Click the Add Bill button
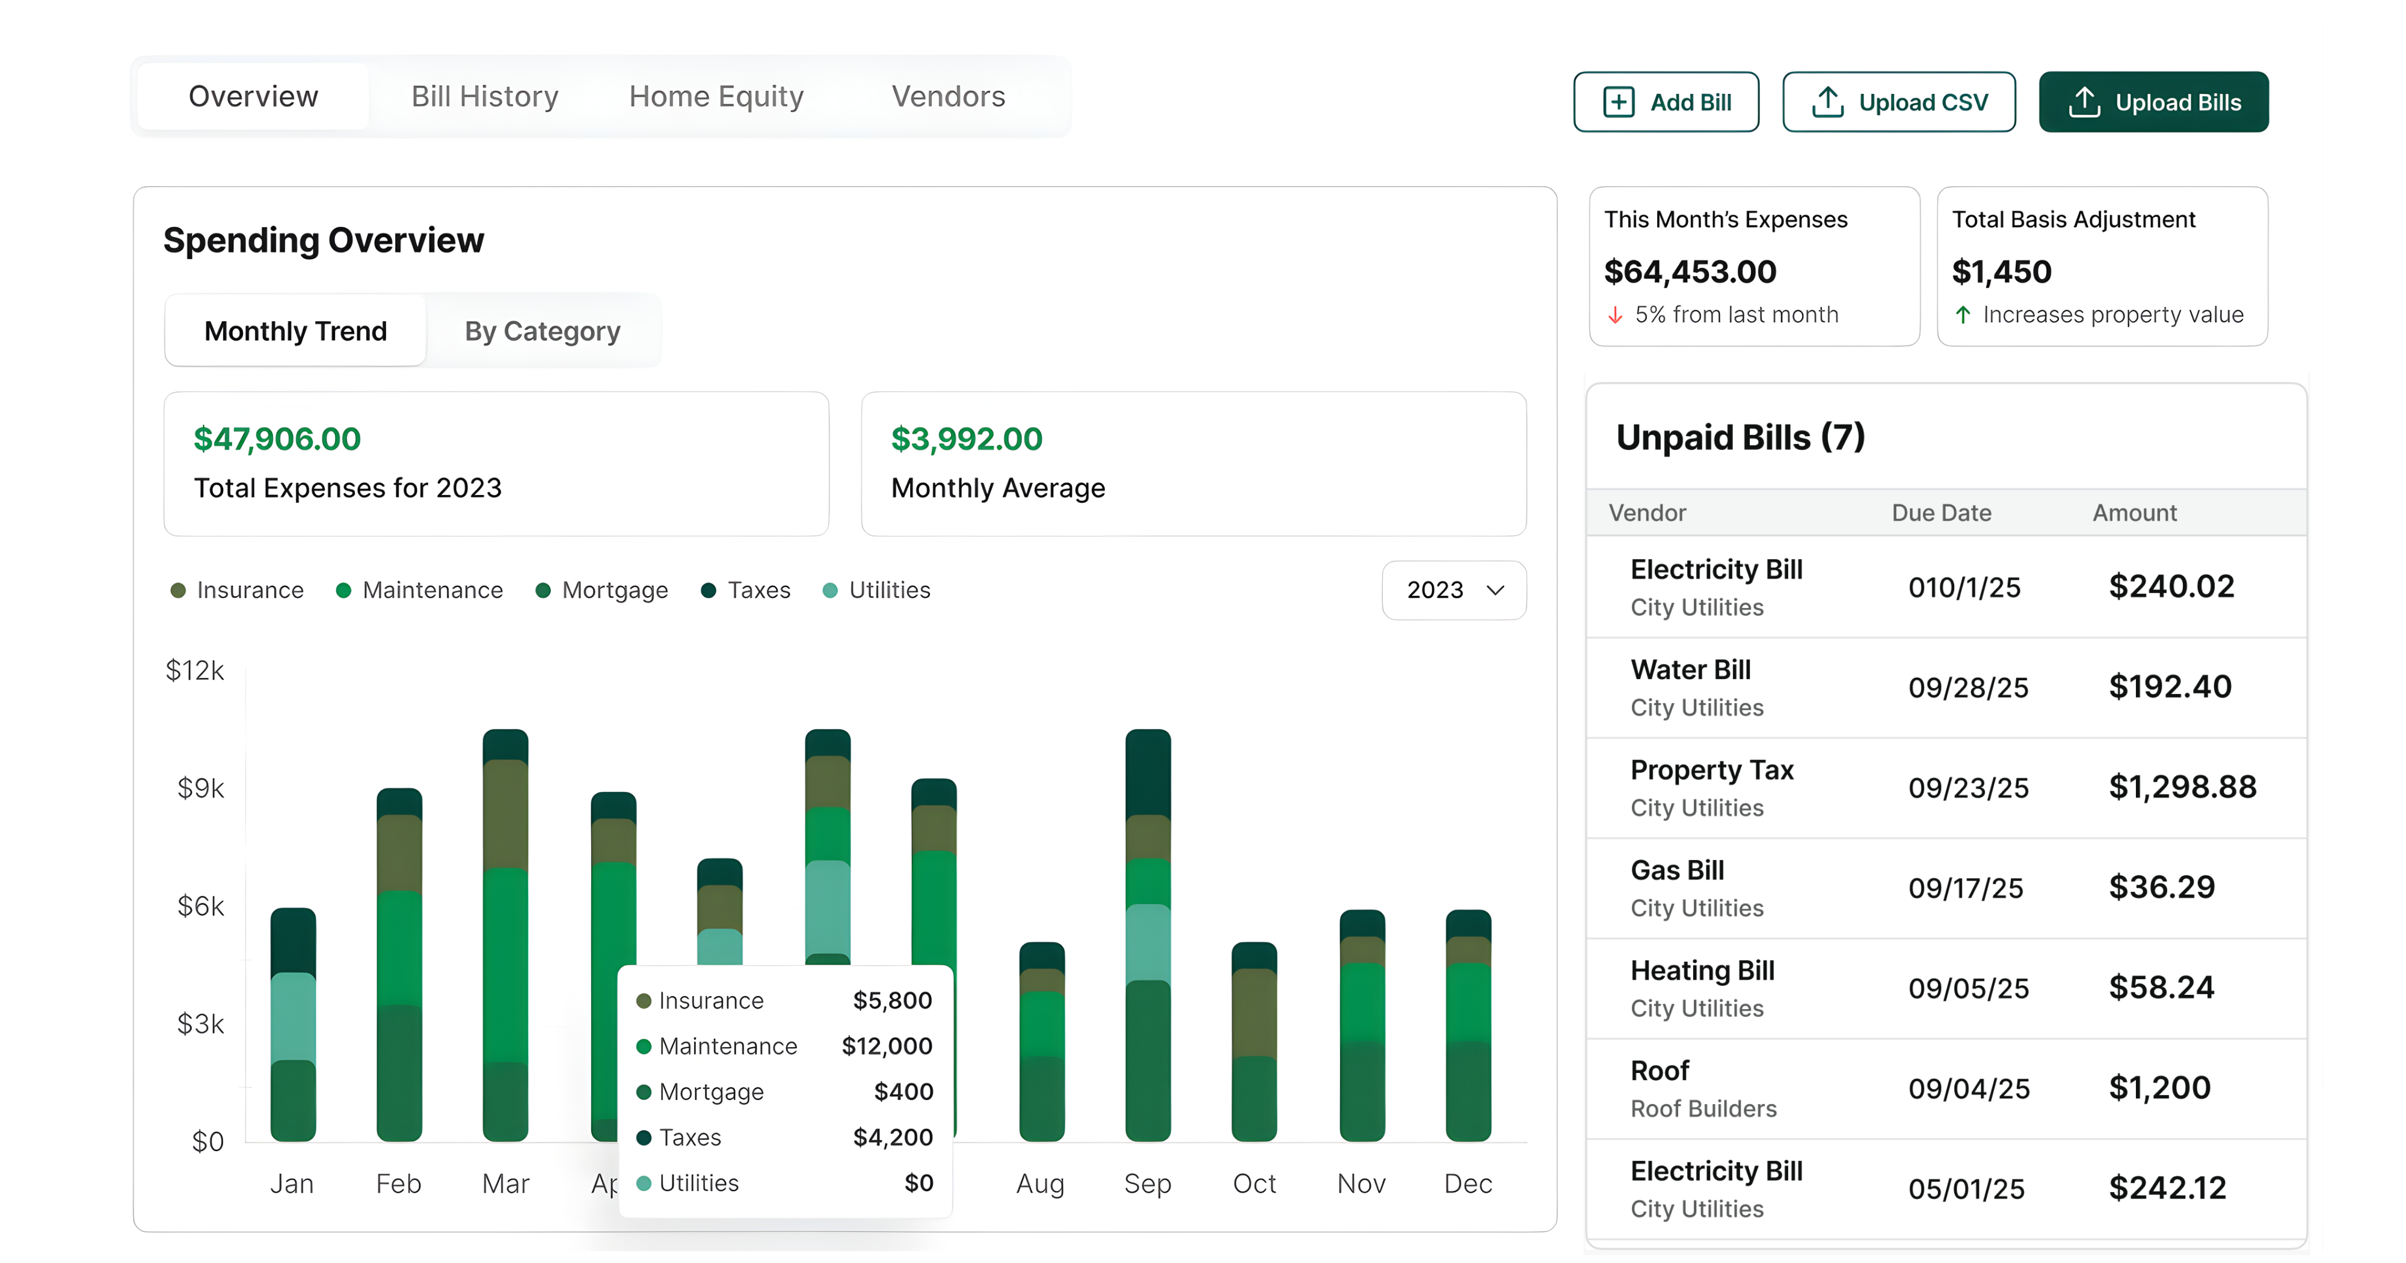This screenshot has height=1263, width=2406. click(x=1666, y=102)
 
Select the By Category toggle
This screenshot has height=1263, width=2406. click(x=542, y=331)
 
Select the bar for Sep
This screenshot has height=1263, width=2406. click(x=1147, y=934)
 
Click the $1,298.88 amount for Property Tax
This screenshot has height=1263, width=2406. click(x=2182, y=787)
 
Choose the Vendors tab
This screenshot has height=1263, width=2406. click(x=947, y=96)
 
